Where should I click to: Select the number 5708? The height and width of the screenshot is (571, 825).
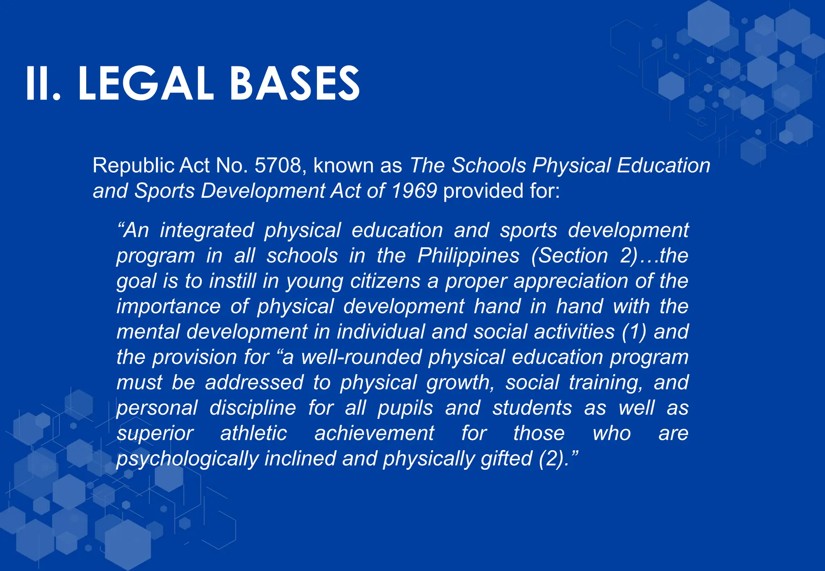(278, 166)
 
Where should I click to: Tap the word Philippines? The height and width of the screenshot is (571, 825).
(468, 256)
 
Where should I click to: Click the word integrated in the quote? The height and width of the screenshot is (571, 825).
(207, 231)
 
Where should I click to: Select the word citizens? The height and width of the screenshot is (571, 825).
(385, 281)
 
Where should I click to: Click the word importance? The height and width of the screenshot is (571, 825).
(168, 307)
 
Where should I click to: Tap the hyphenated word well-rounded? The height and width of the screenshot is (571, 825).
(360, 357)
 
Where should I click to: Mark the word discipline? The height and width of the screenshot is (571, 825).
(253, 408)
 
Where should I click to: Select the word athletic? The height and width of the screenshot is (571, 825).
(253, 434)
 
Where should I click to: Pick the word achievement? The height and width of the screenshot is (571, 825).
(374, 434)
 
